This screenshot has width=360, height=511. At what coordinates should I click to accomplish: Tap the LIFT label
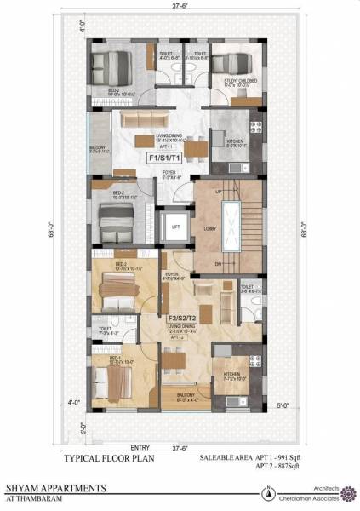[175, 227]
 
